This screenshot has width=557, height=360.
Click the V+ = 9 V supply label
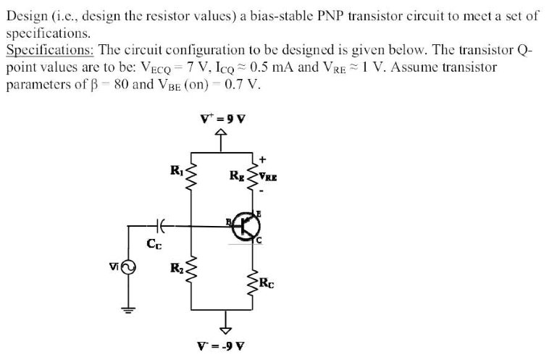point(222,120)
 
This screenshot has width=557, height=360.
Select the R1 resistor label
point(176,171)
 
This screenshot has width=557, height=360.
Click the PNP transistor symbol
point(246,227)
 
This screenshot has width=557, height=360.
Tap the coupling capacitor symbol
point(161,227)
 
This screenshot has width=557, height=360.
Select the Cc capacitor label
point(154,243)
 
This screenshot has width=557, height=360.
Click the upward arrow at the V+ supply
point(222,138)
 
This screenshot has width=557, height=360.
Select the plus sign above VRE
point(264,158)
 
